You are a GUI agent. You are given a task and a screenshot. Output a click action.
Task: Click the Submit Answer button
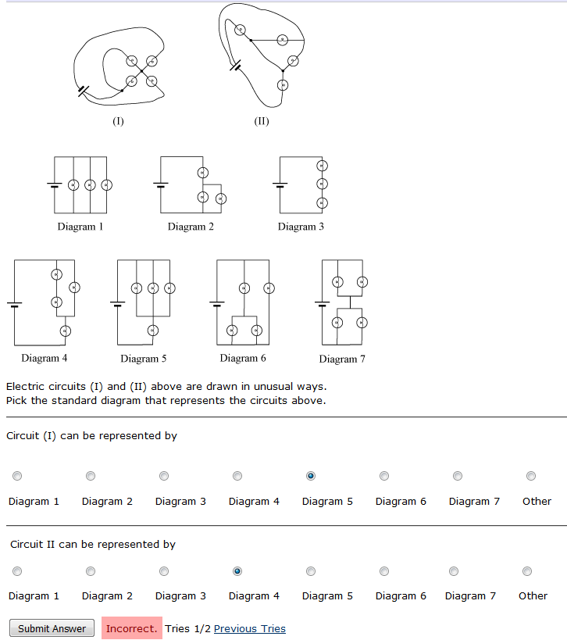[x=52, y=628]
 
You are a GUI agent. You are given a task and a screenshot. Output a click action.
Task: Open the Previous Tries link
[x=249, y=628]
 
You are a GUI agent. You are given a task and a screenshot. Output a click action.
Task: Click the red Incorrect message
[x=131, y=628]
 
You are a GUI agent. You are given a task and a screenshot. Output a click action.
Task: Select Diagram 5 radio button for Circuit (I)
[x=311, y=476]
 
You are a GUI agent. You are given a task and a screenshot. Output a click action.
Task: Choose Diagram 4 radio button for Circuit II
[x=237, y=571]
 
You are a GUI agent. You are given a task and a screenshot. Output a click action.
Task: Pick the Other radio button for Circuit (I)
[x=531, y=476]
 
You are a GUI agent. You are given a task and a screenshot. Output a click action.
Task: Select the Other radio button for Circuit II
[x=527, y=571]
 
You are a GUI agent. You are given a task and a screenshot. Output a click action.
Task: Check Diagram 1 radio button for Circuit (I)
[x=17, y=476]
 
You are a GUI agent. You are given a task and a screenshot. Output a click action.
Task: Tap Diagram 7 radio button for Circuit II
[x=454, y=571]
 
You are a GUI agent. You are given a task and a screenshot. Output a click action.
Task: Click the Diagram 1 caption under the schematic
[x=80, y=227]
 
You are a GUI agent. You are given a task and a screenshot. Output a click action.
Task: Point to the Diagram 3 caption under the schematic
[x=301, y=227]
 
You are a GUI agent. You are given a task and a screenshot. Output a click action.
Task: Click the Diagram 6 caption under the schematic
[x=243, y=358]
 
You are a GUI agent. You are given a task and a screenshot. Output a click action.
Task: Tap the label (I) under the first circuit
[x=118, y=121]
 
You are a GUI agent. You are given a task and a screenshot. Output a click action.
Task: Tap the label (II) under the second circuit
[x=262, y=121]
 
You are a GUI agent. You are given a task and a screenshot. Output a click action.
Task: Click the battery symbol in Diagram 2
[x=161, y=185]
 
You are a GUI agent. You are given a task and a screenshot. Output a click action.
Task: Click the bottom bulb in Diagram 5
[x=154, y=331]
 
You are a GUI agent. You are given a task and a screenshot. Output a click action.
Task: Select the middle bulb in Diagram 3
[x=321, y=184]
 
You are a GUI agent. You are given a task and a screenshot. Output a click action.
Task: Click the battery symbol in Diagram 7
[x=322, y=304]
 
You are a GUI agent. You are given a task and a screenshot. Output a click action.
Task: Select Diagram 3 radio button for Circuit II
[x=164, y=571]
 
